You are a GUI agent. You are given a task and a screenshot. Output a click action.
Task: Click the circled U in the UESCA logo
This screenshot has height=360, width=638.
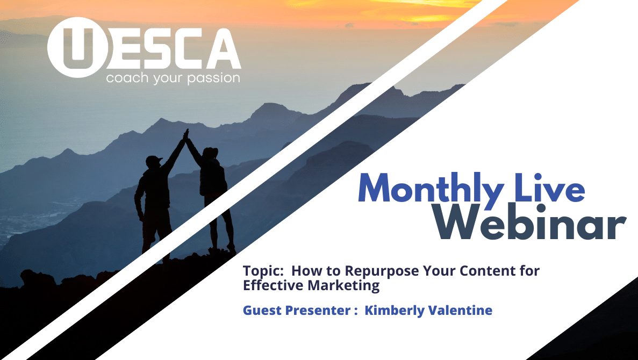point(78,47)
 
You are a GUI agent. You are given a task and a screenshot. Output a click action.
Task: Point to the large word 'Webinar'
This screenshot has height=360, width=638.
point(529,222)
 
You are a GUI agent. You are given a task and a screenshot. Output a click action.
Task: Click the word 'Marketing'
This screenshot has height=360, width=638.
point(343,286)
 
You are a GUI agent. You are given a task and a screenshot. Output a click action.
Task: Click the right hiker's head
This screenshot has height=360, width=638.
point(210,153)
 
